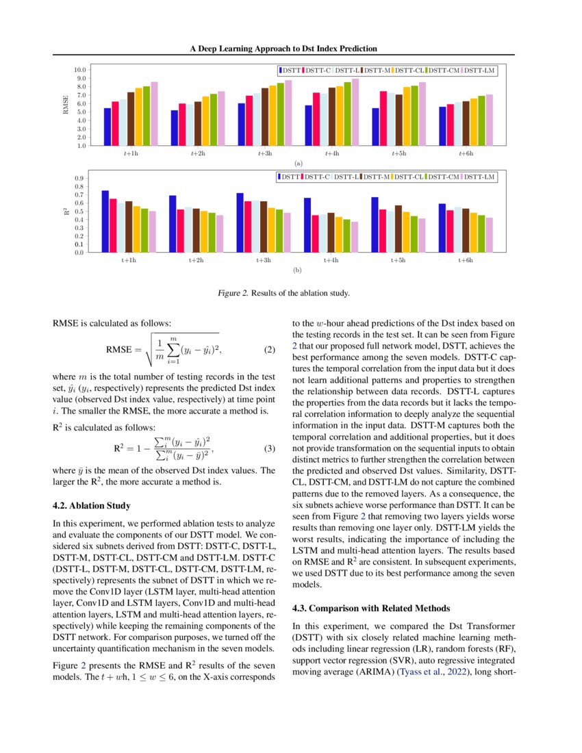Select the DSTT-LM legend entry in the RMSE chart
click(x=479, y=71)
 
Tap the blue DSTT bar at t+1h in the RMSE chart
click(x=107, y=127)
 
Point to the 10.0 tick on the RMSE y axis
click(x=79, y=70)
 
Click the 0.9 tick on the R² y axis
click(x=81, y=178)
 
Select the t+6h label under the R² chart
click(x=465, y=261)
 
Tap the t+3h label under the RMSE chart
click(x=264, y=155)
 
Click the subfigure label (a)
click(x=297, y=164)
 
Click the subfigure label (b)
click(x=297, y=270)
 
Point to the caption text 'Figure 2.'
click(x=233, y=294)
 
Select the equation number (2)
click(x=269, y=350)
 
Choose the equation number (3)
click(x=269, y=450)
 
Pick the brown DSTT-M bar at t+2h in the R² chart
click(x=196, y=230)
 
